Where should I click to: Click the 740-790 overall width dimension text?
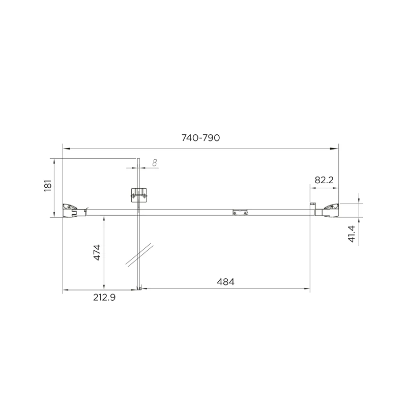click(201, 138)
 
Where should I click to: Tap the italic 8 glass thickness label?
click(155, 163)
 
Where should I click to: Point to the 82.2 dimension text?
click(324, 180)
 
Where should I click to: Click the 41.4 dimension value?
click(351, 235)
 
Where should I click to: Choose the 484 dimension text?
click(225, 281)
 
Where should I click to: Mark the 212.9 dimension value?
click(104, 298)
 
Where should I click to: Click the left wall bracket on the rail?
click(70, 210)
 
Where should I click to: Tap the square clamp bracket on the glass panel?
click(138, 195)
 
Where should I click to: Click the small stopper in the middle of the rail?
click(240, 213)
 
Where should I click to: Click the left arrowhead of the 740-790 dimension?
click(65, 149)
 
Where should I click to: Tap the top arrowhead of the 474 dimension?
click(104, 218)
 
